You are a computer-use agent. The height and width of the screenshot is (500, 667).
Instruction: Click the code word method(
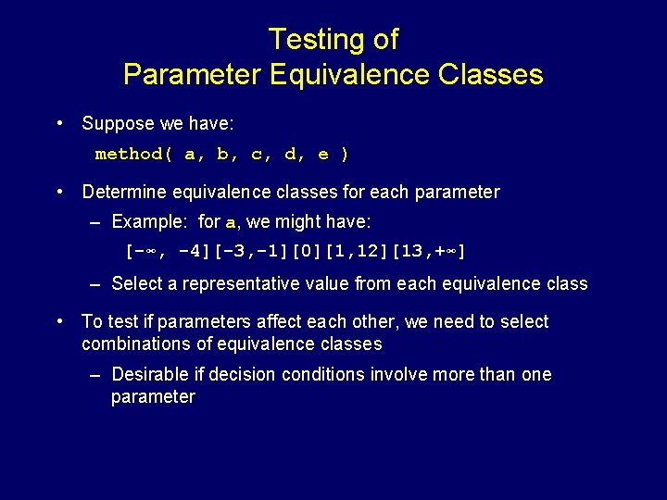(134, 155)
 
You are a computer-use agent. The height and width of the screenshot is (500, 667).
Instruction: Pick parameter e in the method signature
(323, 155)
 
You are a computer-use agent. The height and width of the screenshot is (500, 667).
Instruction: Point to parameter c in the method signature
(257, 155)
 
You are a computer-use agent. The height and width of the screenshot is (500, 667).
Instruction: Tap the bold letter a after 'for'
(232, 222)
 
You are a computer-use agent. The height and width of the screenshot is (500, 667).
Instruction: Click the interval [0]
(305, 252)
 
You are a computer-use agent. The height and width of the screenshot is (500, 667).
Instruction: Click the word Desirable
(148, 374)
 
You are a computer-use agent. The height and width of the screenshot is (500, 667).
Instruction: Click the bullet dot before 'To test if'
(60, 321)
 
